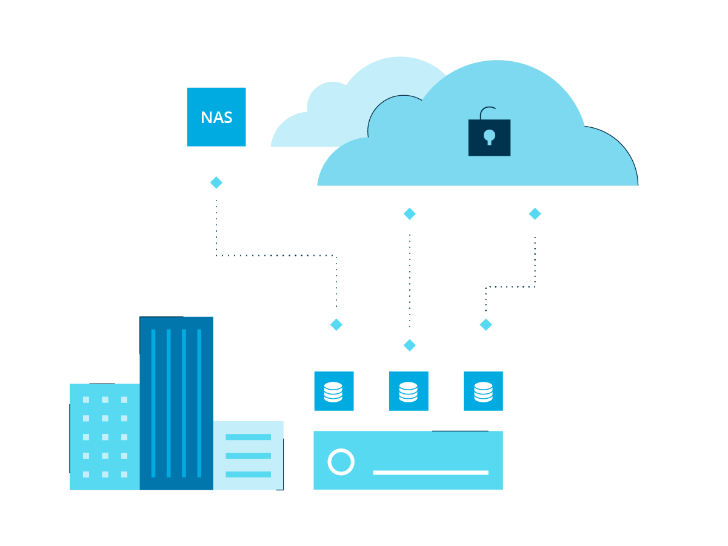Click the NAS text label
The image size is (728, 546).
click(216, 117)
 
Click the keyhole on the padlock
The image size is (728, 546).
click(489, 136)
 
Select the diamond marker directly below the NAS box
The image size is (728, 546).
click(216, 182)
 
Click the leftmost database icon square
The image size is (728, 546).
click(333, 391)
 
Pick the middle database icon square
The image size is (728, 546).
click(409, 391)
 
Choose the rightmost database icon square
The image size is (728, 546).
click(483, 391)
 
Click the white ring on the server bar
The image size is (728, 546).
click(341, 462)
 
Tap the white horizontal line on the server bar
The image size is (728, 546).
click(430, 472)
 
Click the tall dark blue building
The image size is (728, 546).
click(176, 403)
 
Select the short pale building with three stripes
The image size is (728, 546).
click(248, 455)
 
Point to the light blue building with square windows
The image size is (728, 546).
click(104, 436)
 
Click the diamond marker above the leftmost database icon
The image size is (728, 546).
click(336, 325)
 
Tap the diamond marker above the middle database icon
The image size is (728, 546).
click(410, 345)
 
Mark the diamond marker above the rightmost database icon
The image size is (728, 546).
click(486, 325)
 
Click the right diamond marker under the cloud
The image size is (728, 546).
click(535, 214)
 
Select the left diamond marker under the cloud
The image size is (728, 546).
click(410, 214)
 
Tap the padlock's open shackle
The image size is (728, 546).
click(487, 113)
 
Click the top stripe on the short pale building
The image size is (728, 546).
click(248, 437)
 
